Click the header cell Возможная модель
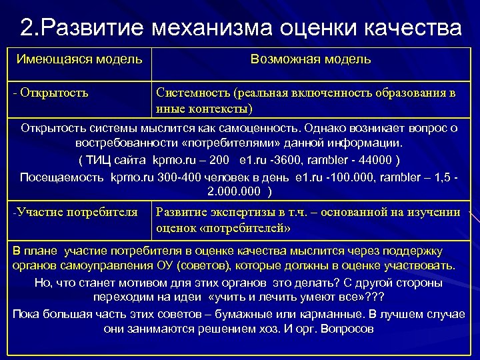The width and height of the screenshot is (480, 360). tap(311, 59)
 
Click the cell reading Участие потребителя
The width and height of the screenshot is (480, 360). tap(75, 213)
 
